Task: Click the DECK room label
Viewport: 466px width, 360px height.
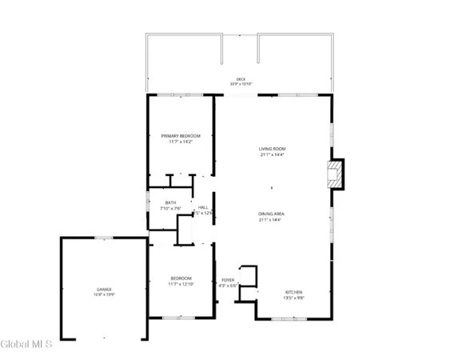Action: pos(241,79)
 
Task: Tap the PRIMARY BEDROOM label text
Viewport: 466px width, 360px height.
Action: pos(180,136)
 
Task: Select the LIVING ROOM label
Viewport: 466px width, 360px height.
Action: pos(272,149)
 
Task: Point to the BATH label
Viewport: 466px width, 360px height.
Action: pos(170,203)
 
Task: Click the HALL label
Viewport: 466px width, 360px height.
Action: pos(204,207)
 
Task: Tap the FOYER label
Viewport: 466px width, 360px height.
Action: pos(228,279)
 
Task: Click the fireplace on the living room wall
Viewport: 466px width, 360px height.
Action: pos(339,175)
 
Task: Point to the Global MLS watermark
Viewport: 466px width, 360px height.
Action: pos(27,345)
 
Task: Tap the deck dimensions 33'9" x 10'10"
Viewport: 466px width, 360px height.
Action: pos(241,84)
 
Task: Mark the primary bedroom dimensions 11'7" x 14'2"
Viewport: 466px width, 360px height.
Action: pos(180,142)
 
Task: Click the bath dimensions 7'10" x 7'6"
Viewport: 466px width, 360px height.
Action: pos(170,209)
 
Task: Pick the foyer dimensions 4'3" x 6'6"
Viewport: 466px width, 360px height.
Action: pos(228,285)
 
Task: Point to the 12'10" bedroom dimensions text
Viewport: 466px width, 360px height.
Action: pos(181,284)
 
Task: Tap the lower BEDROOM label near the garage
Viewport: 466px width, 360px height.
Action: pos(181,278)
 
